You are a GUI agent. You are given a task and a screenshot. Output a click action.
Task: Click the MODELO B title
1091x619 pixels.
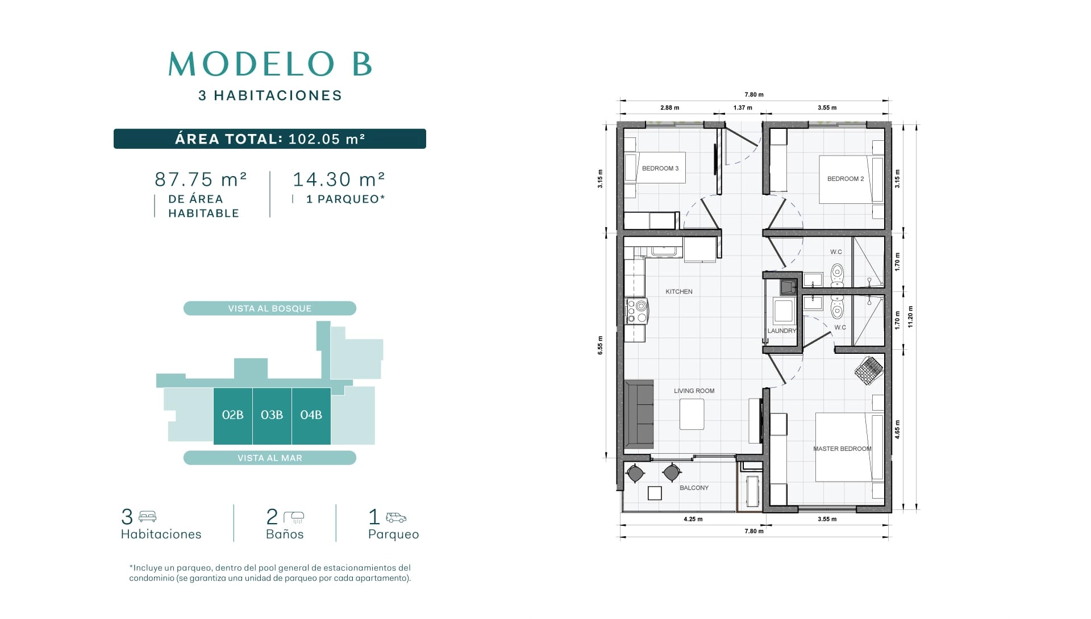(x=270, y=64)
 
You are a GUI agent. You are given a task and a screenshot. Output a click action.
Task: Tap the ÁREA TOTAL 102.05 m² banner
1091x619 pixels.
(x=270, y=139)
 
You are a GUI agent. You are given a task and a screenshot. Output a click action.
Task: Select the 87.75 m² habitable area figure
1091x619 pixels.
(x=201, y=179)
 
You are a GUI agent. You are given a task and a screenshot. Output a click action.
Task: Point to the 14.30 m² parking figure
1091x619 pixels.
(x=339, y=179)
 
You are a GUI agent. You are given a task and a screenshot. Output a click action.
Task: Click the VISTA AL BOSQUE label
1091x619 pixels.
(x=270, y=308)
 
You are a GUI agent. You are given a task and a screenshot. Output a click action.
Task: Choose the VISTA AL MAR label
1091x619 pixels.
(x=270, y=458)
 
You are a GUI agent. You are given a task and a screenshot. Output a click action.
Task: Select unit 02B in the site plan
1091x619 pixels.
(x=233, y=416)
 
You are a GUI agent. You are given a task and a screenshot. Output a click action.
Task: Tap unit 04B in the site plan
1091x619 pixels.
(x=311, y=416)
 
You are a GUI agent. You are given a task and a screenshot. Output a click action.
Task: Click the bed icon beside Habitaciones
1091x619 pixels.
(x=147, y=517)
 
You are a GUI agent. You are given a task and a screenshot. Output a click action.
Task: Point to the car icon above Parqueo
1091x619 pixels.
(x=396, y=517)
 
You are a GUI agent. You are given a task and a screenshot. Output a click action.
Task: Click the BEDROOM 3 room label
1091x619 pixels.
(x=660, y=168)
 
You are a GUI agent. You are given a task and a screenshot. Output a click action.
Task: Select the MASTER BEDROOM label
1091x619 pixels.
(x=842, y=449)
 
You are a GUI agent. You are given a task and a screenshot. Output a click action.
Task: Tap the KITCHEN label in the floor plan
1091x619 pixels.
(x=679, y=291)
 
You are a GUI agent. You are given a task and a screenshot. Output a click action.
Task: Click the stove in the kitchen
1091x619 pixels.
(x=636, y=311)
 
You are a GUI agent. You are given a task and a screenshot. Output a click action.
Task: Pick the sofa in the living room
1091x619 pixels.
(x=639, y=415)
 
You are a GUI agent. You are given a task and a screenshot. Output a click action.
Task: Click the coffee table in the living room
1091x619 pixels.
(x=692, y=414)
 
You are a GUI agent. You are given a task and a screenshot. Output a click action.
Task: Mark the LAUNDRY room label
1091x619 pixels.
(x=782, y=331)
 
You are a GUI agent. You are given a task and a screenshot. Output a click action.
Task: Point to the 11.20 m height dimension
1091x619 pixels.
(x=910, y=317)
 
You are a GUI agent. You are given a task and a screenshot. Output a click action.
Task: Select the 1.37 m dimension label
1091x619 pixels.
(x=743, y=107)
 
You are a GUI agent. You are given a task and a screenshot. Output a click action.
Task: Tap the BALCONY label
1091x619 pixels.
(x=694, y=488)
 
